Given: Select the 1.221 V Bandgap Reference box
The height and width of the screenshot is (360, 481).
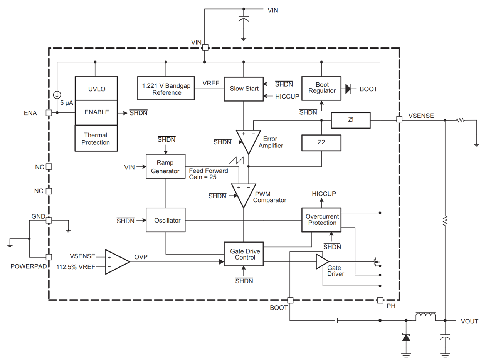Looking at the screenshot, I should [x=166, y=89].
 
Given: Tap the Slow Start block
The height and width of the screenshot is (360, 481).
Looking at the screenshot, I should [x=244, y=89].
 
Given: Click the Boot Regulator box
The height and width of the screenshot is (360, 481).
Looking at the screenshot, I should [x=321, y=88].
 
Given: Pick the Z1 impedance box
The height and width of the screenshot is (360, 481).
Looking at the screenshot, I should [x=350, y=120].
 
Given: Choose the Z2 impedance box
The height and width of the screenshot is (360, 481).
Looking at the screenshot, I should [x=321, y=142].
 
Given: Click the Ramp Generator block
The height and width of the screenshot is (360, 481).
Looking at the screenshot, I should [x=165, y=166].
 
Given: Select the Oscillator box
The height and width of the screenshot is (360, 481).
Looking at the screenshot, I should [x=165, y=220].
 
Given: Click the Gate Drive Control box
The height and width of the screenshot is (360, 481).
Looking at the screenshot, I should [x=244, y=254].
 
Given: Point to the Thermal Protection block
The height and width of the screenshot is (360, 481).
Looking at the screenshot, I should [x=96, y=139].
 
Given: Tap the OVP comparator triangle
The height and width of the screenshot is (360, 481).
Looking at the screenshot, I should [x=116, y=262].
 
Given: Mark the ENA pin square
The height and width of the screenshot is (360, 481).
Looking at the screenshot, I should [x=49, y=113].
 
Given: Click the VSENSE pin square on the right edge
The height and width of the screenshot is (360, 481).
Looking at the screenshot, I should [x=399, y=120].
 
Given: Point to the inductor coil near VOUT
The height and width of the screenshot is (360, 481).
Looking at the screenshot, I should [x=425, y=317].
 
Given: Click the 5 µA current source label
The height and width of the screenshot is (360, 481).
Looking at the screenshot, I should [x=66, y=103].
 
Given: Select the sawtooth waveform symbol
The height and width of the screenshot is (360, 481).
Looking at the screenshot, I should [x=237, y=161].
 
